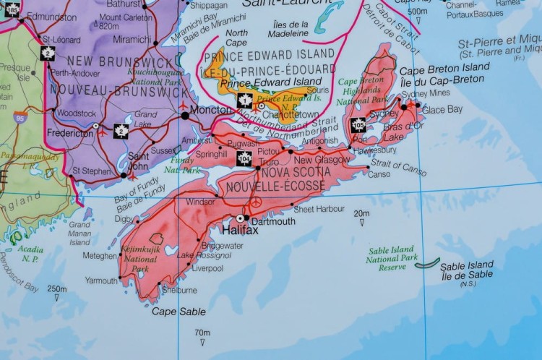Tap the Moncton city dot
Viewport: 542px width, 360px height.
[185, 114]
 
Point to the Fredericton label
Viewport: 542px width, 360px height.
[69, 133]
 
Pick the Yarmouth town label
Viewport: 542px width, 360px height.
[100, 280]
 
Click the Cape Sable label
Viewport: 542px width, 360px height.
[178, 312]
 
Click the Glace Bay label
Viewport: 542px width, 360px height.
[442, 110]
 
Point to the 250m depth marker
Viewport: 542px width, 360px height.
[57, 288]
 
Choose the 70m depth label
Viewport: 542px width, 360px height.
[202, 333]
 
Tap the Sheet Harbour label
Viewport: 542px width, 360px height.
[318, 209]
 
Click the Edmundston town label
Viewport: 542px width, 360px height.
[51, 17]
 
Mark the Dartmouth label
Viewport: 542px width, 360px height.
[272, 221]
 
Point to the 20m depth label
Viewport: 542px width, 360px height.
[361, 213]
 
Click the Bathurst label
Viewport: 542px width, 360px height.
[122, 4]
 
